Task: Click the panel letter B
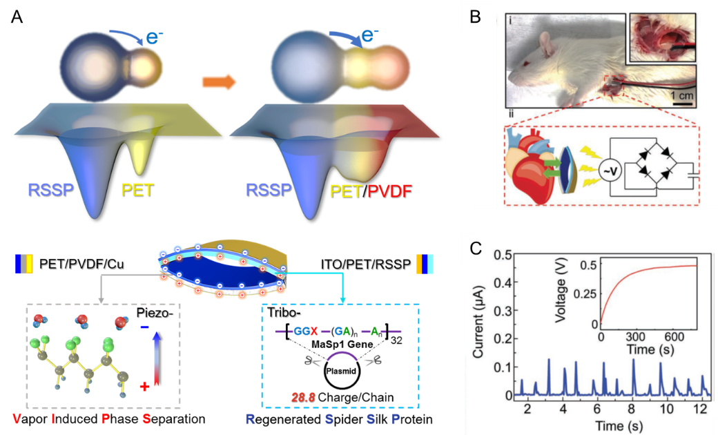[475, 17]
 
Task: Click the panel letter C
[476, 249]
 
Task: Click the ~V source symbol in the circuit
[609, 168]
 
